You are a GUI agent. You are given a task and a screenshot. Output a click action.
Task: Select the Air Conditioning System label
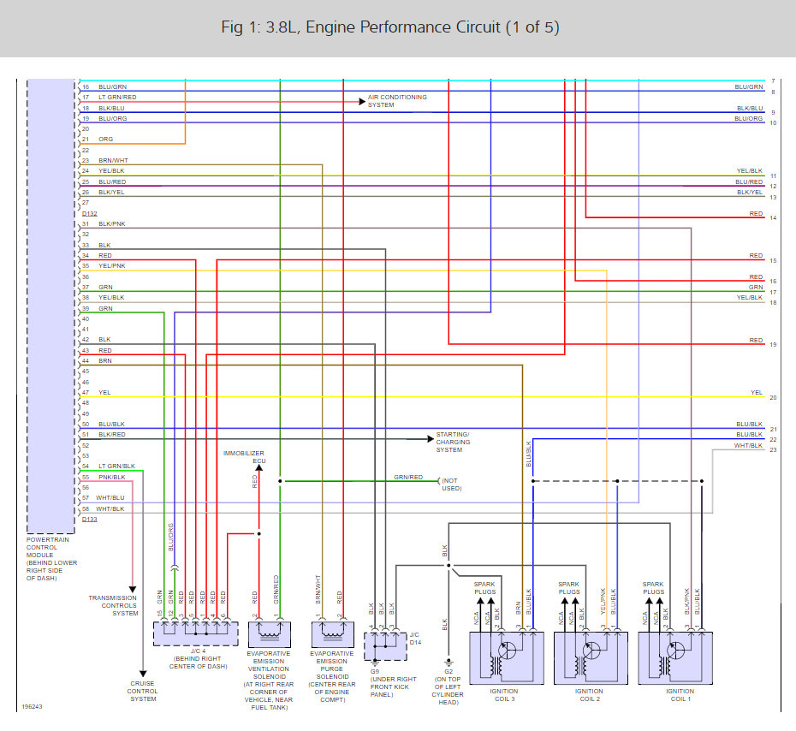click(397, 101)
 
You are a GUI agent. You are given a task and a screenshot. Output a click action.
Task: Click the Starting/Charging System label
click(453, 442)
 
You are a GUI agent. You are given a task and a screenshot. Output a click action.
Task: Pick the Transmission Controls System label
click(113, 605)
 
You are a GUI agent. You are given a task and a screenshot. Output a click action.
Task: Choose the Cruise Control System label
click(143, 692)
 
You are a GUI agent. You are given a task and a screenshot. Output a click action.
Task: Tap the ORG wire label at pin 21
click(105, 140)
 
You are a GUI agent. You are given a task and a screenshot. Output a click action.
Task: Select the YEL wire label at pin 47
click(104, 393)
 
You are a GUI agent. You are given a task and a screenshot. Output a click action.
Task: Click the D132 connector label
click(90, 213)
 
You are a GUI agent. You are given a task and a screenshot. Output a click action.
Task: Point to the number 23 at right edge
click(773, 449)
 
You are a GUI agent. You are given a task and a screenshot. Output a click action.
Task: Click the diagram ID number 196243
click(32, 706)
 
